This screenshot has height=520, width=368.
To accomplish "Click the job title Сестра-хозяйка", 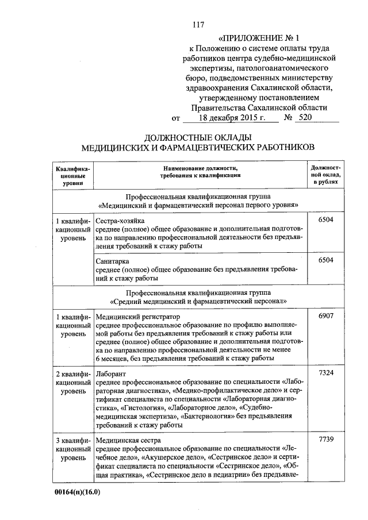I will pos(121,221).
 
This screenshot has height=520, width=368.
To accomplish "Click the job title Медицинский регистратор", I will pos(138,317).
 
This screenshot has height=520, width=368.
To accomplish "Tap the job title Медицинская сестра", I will pos(128,440).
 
